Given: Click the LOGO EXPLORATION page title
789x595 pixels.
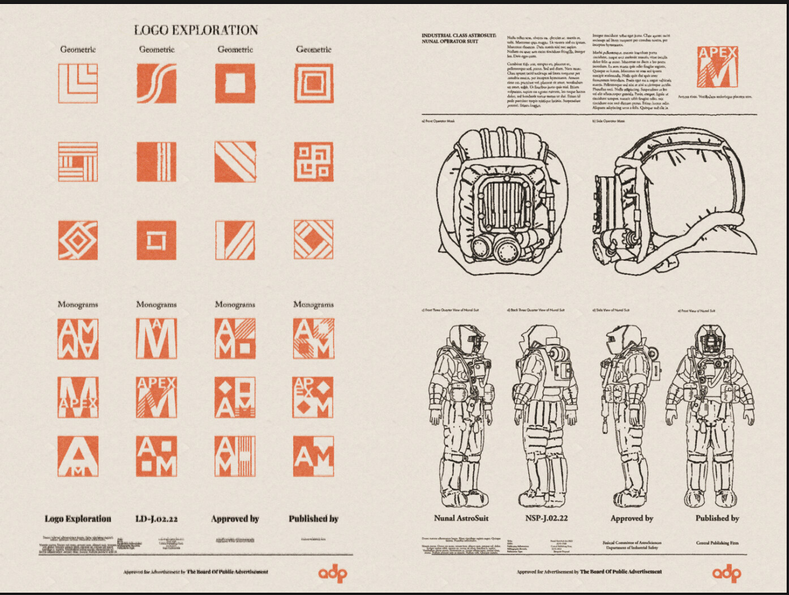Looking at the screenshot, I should [x=196, y=30].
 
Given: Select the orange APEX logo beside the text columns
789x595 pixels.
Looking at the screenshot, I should [x=718, y=67].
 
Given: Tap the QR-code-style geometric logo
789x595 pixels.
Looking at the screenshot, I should [x=314, y=162].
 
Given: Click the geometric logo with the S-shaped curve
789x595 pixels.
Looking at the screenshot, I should [x=156, y=83].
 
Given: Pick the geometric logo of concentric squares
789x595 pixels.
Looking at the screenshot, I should [x=314, y=83].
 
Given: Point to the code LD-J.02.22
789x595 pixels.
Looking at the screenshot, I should [x=157, y=519].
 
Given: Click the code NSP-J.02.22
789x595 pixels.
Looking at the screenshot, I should [x=546, y=518].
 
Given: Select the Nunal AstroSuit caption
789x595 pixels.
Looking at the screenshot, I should [x=461, y=518].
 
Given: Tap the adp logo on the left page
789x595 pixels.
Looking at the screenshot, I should [x=332, y=573].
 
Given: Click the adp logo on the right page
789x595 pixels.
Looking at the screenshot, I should [x=726, y=573].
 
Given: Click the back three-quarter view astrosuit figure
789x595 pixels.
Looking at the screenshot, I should [x=544, y=416].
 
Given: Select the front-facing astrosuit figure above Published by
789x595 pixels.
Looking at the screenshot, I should [x=710, y=416].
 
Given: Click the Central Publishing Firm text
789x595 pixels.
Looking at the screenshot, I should [x=717, y=543].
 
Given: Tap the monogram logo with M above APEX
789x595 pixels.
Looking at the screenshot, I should [x=78, y=398].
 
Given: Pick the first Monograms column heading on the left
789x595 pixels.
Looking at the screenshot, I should [x=78, y=305].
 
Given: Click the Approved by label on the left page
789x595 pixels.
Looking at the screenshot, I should [x=235, y=519].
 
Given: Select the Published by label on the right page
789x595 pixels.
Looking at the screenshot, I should [x=717, y=518].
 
